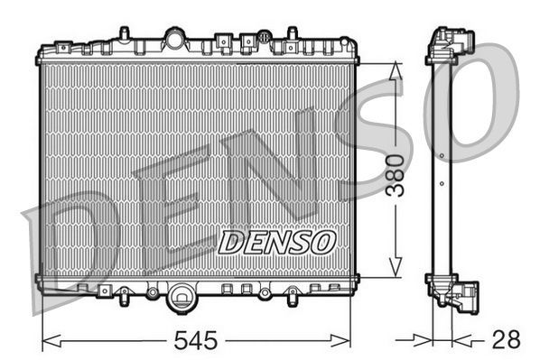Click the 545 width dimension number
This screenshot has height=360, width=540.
click(195, 340)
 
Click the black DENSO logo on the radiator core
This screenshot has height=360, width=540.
click(277, 241)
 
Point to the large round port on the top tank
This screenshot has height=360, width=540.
click(174, 38)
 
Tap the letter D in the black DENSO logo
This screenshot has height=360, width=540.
click(231, 241)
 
